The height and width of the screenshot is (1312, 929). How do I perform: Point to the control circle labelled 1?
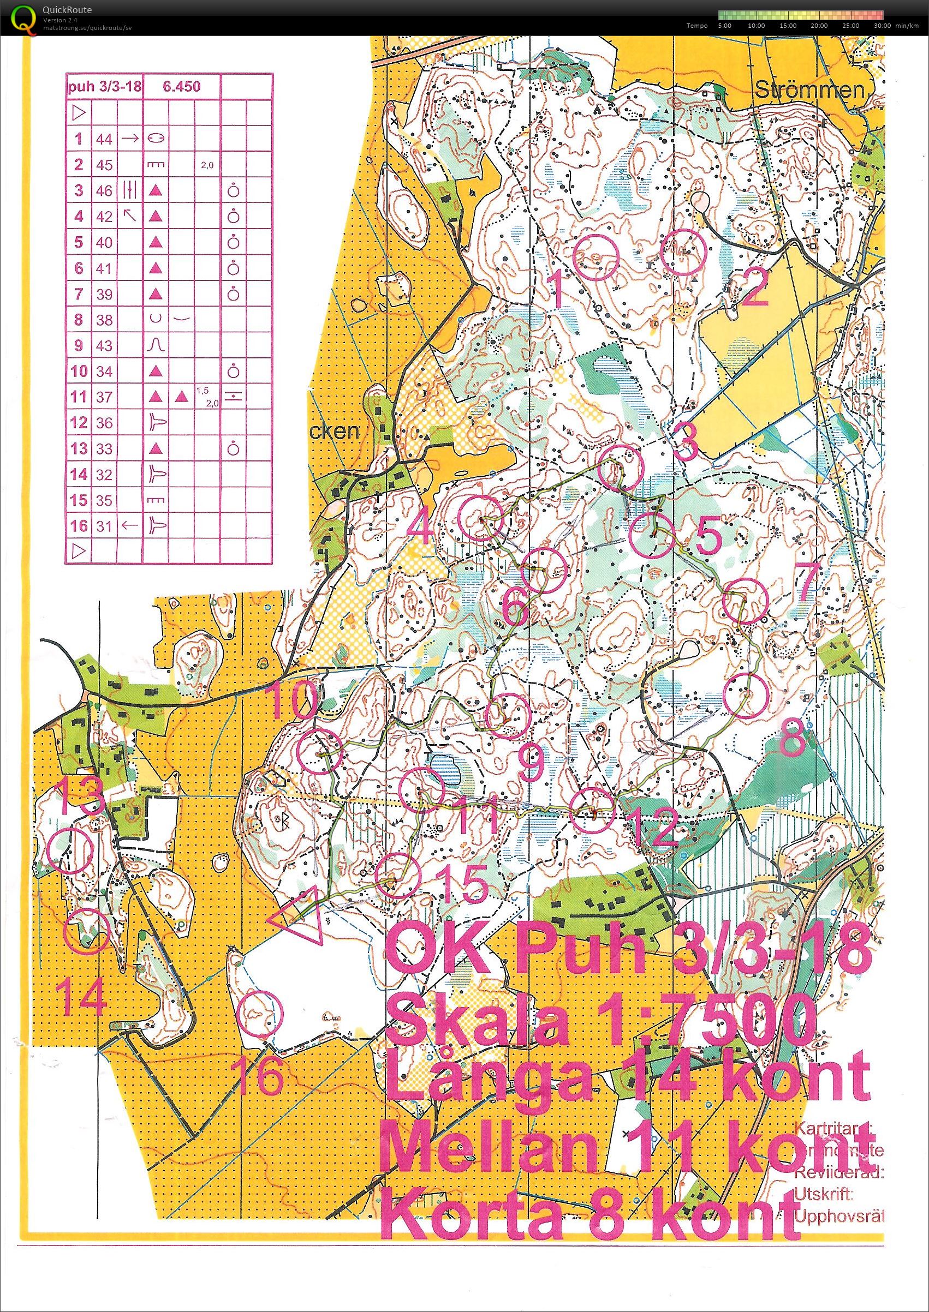click(597, 258)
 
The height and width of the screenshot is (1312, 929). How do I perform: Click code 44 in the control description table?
click(105, 139)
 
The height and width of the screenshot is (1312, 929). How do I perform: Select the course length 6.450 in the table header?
click(181, 87)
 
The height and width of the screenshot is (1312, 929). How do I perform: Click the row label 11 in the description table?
click(79, 397)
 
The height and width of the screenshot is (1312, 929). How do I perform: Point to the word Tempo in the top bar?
click(698, 26)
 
